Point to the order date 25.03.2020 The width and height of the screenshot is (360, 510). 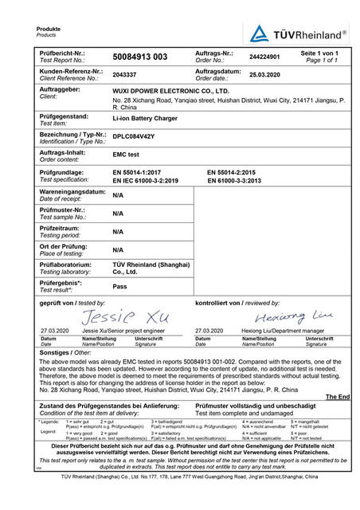(265, 74)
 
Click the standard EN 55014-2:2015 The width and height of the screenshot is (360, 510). (235, 171)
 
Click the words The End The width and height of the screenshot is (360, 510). (337, 396)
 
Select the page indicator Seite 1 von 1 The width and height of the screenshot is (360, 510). (319, 53)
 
